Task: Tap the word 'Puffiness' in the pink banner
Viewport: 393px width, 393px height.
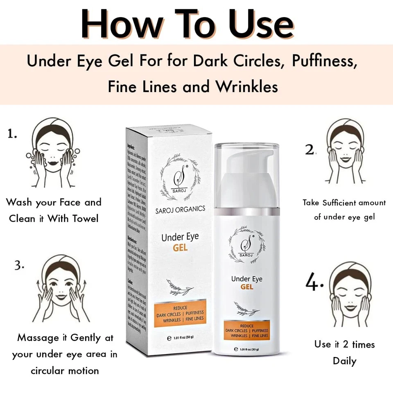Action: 322,61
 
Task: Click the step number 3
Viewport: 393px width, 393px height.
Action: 19,265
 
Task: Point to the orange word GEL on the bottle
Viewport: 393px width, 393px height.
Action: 247,287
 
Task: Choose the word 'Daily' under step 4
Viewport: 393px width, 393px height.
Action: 344,361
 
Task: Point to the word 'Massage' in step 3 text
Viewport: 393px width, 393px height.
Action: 38,338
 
